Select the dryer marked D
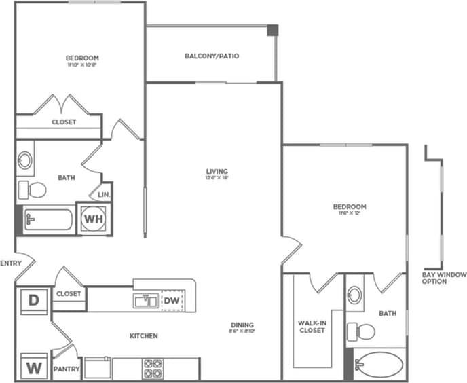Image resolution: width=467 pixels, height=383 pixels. click(x=33, y=299)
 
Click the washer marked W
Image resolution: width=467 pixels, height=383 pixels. click(x=33, y=367)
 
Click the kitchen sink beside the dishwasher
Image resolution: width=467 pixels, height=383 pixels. click(x=145, y=300)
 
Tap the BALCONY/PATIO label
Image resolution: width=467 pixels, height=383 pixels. click(x=212, y=56)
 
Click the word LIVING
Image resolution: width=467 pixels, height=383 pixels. click(x=217, y=171)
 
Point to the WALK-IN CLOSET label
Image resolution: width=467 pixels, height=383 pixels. click(x=312, y=327)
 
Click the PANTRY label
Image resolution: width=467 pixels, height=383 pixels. click(x=68, y=370)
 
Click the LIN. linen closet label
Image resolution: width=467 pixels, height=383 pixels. click(x=105, y=194)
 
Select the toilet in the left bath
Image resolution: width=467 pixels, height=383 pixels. click(x=32, y=189)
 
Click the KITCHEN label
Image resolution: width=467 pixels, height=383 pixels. click(x=144, y=336)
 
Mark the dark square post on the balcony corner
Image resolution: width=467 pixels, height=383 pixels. click(x=272, y=31)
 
